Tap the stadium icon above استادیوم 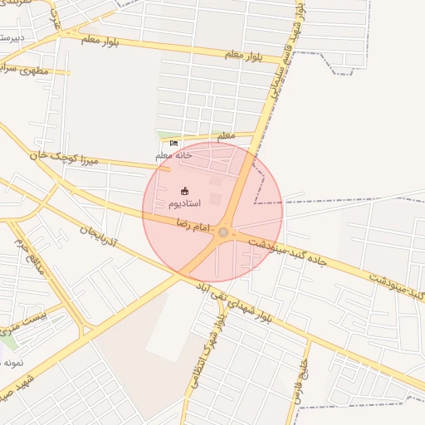(184, 192)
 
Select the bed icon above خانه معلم (173, 144)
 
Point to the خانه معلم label (173, 155)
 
